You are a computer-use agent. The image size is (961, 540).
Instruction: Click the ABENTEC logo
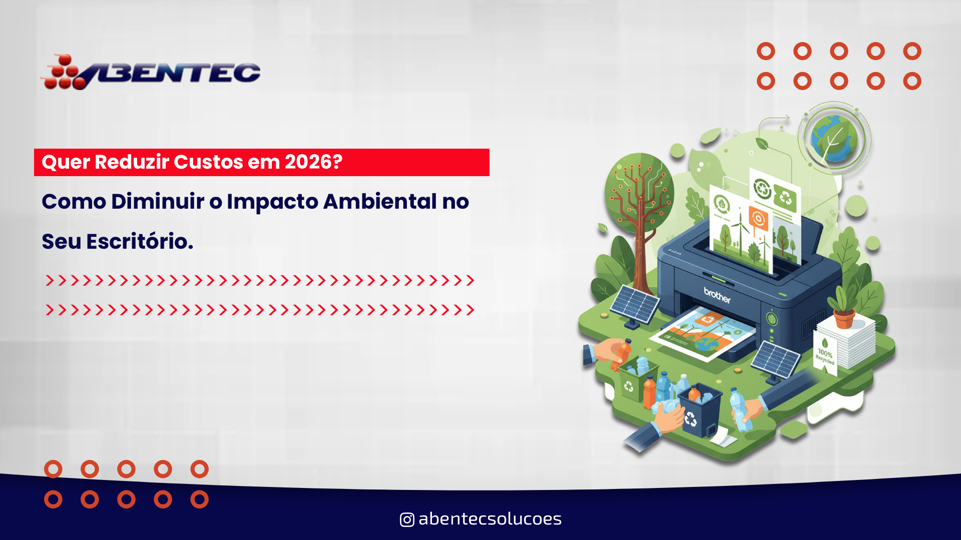(x=150, y=73)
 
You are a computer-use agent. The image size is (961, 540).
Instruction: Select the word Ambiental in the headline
(x=380, y=202)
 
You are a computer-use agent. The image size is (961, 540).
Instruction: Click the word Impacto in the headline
(x=272, y=202)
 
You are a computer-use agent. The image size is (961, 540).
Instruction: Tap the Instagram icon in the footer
(x=407, y=519)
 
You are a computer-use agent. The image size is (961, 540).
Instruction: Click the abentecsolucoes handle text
(x=490, y=519)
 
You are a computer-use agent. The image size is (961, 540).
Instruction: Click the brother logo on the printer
(x=717, y=295)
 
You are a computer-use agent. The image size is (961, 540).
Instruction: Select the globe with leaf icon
(x=834, y=138)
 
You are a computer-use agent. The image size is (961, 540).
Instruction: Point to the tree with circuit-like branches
(x=638, y=200)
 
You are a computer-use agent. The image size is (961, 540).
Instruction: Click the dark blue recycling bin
(x=700, y=410)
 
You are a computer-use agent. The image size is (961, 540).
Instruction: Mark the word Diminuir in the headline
(x=157, y=202)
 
